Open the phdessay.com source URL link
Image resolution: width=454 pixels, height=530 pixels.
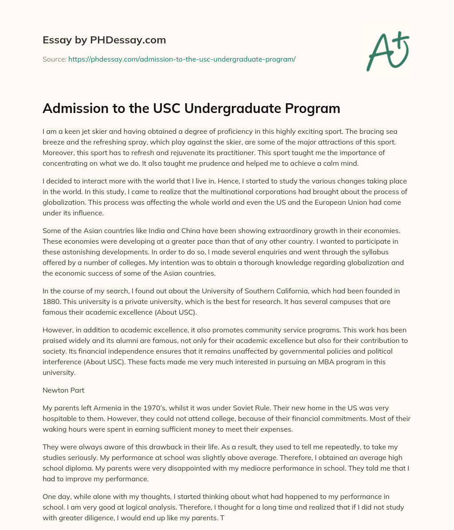click(x=182, y=59)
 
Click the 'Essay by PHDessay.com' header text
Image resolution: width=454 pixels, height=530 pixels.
click(x=104, y=40)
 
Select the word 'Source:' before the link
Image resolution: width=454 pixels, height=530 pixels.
click(x=54, y=59)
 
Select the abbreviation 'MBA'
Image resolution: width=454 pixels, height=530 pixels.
click(x=294, y=362)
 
